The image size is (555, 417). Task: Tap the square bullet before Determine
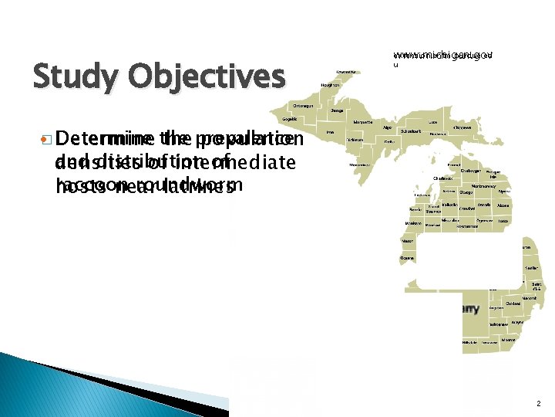click(47, 140)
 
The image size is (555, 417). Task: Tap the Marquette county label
click(363, 122)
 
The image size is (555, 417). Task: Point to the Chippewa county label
click(462, 127)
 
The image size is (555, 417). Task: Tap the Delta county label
click(390, 141)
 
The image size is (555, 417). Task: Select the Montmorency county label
click(483, 186)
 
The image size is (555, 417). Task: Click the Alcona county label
click(504, 206)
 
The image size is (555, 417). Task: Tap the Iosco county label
click(503, 221)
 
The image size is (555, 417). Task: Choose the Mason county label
click(407, 241)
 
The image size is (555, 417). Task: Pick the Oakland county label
click(513, 303)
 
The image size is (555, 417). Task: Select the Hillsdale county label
click(469, 342)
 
